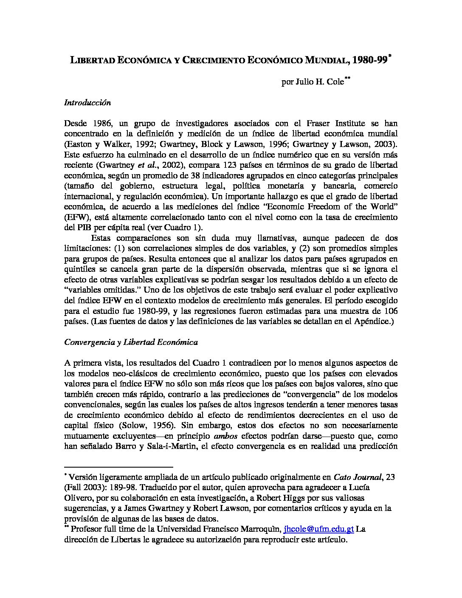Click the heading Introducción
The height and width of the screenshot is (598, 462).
pos(87,102)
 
